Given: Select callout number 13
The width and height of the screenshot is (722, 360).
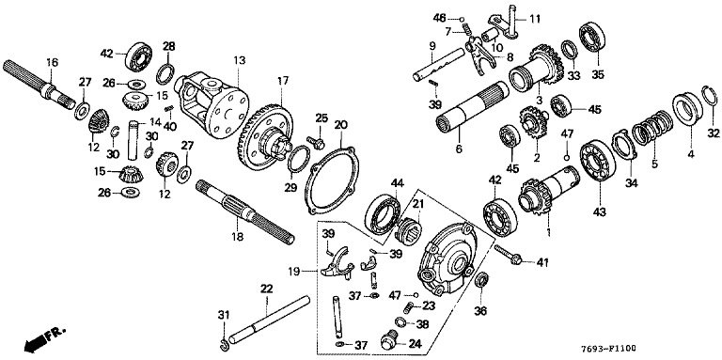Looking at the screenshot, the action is click(x=239, y=60).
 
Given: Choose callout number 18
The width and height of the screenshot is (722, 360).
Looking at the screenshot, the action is click(x=239, y=237).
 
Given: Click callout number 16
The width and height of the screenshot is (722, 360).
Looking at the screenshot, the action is click(x=53, y=63).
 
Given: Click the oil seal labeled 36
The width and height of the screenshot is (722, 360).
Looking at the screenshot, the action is click(x=481, y=280).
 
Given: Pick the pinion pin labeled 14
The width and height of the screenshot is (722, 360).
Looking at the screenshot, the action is click(x=133, y=138).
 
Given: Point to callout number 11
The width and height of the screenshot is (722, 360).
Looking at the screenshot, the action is click(x=534, y=19).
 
